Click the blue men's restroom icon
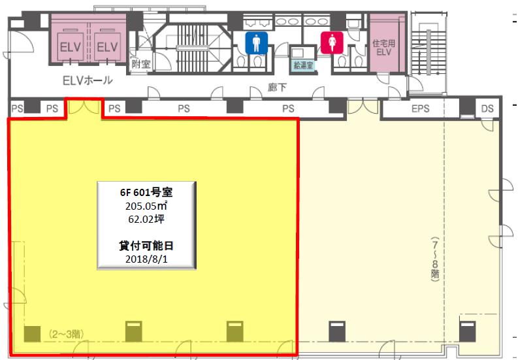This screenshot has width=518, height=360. (256, 43)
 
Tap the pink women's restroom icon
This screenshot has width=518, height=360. (332, 42)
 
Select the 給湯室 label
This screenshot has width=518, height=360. (303, 65)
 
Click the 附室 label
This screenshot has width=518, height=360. (141, 64)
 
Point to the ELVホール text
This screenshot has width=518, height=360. (88, 80)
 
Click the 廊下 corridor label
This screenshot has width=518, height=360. (277, 88)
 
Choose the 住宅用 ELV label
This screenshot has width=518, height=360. (383, 48)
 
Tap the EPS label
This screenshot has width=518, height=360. (420, 108)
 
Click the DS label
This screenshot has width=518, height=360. (487, 108)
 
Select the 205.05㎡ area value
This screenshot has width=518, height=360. (146, 206)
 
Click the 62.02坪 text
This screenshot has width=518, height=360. (146, 219)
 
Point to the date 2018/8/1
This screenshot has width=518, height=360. (146, 259)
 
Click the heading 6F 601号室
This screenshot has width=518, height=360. (146, 192)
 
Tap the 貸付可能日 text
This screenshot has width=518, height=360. (146, 246)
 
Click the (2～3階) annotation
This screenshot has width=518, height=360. (66, 334)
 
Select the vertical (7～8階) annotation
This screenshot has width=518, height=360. (435, 259)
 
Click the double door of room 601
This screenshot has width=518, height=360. (85, 107)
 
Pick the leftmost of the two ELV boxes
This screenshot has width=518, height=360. (70, 46)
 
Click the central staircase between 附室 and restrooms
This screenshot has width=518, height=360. (193, 48)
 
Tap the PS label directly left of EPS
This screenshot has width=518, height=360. (288, 108)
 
